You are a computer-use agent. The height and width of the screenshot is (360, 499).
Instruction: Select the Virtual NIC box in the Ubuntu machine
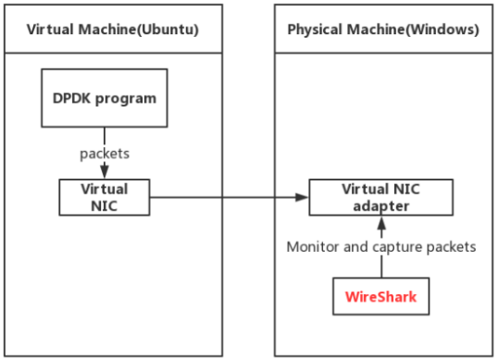click(x=104, y=197)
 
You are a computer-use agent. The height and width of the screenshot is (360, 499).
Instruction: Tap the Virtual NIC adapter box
click(x=381, y=197)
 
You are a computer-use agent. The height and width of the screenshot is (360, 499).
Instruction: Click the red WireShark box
click(x=380, y=297)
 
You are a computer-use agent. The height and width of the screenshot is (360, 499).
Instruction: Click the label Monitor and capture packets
click(x=380, y=247)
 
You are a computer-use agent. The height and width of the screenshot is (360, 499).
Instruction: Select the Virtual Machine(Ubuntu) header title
click(x=112, y=29)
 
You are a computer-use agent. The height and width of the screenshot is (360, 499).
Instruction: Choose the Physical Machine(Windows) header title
click(x=382, y=29)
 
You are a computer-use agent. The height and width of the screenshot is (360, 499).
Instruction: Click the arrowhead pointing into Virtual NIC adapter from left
click(x=302, y=197)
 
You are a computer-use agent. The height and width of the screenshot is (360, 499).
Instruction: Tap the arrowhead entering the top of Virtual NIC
click(x=104, y=172)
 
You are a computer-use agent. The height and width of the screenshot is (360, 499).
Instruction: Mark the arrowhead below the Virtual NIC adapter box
click(x=381, y=222)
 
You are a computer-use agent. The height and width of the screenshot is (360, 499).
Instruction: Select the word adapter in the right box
click(x=381, y=205)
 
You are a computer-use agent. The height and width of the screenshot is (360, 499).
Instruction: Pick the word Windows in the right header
click(x=445, y=29)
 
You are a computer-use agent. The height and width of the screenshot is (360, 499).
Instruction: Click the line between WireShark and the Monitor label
click(x=381, y=267)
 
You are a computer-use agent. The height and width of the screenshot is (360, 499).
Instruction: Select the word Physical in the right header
click(x=313, y=29)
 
